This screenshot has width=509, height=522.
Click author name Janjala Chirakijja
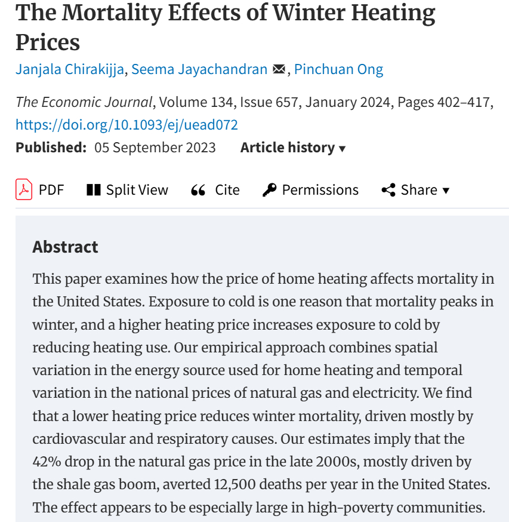click(70, 69)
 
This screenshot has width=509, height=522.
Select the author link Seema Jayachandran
click(199, 69)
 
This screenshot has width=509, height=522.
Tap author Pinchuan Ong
click(338, 69)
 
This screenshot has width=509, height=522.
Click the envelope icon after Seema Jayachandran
click(279, 69)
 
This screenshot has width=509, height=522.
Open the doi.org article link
click(127, 125)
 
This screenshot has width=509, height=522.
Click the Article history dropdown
click(292, 148)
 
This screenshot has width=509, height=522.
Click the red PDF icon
click(24, 190)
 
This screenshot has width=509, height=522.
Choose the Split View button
click(128, 190)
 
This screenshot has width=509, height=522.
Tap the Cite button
click(215, 190)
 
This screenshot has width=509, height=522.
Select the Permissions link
click(311, 190)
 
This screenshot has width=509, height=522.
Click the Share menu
click(415, 190)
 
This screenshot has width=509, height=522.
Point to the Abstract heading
click(66, 247)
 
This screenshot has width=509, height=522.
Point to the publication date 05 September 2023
click(155, 148)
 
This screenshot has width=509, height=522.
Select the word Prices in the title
click(48, 42)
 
